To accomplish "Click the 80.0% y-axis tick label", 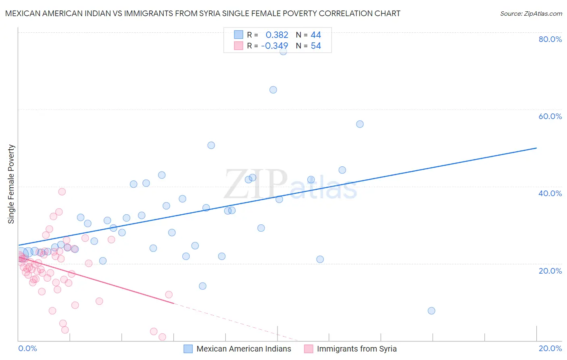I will pyautogui.click(x=550, y=39).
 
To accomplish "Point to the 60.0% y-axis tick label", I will pyautogui.click(x=550, y=116).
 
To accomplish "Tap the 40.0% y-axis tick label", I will pyautogui.click(x=550, y=193).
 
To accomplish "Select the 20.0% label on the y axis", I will pyautogui.click(x=550, y=270).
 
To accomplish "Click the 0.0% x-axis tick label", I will pyautogui.click(x=27, y=348).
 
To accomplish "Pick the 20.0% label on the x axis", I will pyautogui.click(x=550, y=348).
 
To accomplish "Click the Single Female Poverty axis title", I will pyautogui.click(x=11, y=184).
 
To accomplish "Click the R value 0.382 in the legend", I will pyautogui.click(x=277, y=35).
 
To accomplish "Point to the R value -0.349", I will pyautogui.click(x=275, y=46).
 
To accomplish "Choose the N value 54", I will pyautogui.click(x=316, y=46).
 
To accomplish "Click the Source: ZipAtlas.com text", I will pyautogui.click(x=531, y=14).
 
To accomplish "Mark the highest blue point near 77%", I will pyautogui.click(x=283, y=51).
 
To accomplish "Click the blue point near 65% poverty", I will pyautogui.click(x=273, y=90).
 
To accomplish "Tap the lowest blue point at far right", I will pyautogui.click(x=431, y=311).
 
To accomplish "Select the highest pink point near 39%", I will pyautogui.click(x=62, y=192).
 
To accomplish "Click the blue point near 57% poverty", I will pyautogui.click(x=360, y=124).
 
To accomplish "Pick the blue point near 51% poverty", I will pyautogui.click(x=211, y=145).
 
